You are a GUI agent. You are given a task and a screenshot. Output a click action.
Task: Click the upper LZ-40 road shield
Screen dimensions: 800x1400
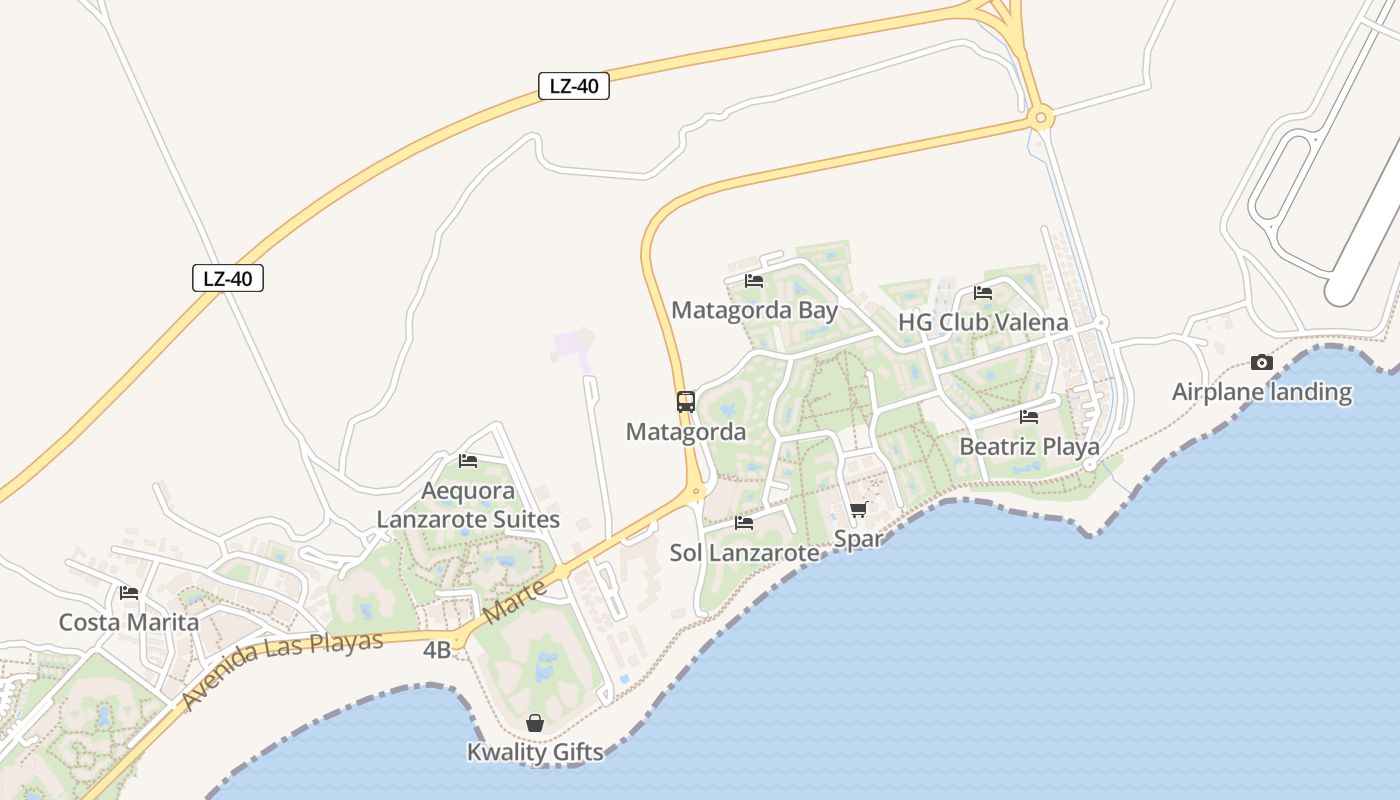(x=574, y=86)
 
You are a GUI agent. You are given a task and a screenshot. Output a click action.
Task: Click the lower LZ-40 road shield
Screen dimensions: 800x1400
(x=228, y=278)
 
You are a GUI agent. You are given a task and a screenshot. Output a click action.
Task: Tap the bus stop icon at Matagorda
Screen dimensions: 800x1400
(x=686, y=402)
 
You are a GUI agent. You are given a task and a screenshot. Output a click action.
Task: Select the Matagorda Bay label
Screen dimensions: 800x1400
(x=754, y=310)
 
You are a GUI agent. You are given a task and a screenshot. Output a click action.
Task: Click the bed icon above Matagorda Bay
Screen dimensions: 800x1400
(x=754, y=281)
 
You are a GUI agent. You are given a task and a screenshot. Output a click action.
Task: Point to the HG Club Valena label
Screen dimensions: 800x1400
(x=983, y=322)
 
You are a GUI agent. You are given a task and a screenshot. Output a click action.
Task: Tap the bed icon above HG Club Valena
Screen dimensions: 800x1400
(x=983, y=293)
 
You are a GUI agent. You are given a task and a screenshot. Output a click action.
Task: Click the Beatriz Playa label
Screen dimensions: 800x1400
(x=1029, y=446)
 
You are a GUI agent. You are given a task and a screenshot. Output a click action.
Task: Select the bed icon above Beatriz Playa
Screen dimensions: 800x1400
(x=1029, y=417)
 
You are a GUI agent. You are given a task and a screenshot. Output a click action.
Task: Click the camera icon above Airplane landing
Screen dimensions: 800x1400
(x=1262, y=363)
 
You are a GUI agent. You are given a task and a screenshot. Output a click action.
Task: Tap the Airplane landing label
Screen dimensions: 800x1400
(x=1262, y=392)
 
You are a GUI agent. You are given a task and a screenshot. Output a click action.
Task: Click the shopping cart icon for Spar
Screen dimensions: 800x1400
(x=858, y=510)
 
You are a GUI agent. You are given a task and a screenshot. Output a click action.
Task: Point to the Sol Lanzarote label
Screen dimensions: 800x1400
(x=744, y=552)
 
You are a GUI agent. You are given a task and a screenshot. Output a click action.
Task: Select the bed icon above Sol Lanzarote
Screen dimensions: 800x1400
(x=744, y=522)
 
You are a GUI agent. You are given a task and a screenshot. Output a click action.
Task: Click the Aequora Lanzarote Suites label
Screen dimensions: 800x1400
(x=468, y=505)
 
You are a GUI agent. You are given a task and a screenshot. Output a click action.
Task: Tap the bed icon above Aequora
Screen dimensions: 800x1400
(x=468, y=461)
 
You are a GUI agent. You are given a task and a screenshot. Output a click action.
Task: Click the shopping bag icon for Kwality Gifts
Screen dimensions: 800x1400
(x=535, y=723)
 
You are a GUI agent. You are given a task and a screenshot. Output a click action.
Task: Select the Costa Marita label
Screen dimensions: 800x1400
(x=129, y=622)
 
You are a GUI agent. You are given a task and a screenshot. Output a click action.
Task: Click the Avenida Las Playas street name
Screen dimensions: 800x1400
(x=284, y=671)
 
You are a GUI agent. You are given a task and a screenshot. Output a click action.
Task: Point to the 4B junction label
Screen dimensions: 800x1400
(x=437, y=650)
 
